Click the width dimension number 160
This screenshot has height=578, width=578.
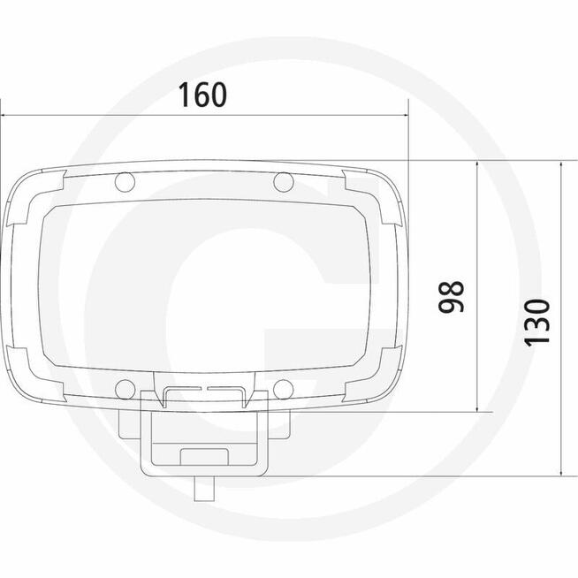point(202,95)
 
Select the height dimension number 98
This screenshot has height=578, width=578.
point(453,297)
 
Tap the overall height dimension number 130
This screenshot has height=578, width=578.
point(537,322)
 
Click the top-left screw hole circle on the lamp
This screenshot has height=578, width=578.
point(124,183)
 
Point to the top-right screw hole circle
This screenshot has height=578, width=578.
point(283,183)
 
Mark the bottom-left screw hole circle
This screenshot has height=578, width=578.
point(125,387)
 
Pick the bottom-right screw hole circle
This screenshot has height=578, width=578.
point(283,387)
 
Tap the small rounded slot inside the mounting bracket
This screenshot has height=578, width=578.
point(203,456)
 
